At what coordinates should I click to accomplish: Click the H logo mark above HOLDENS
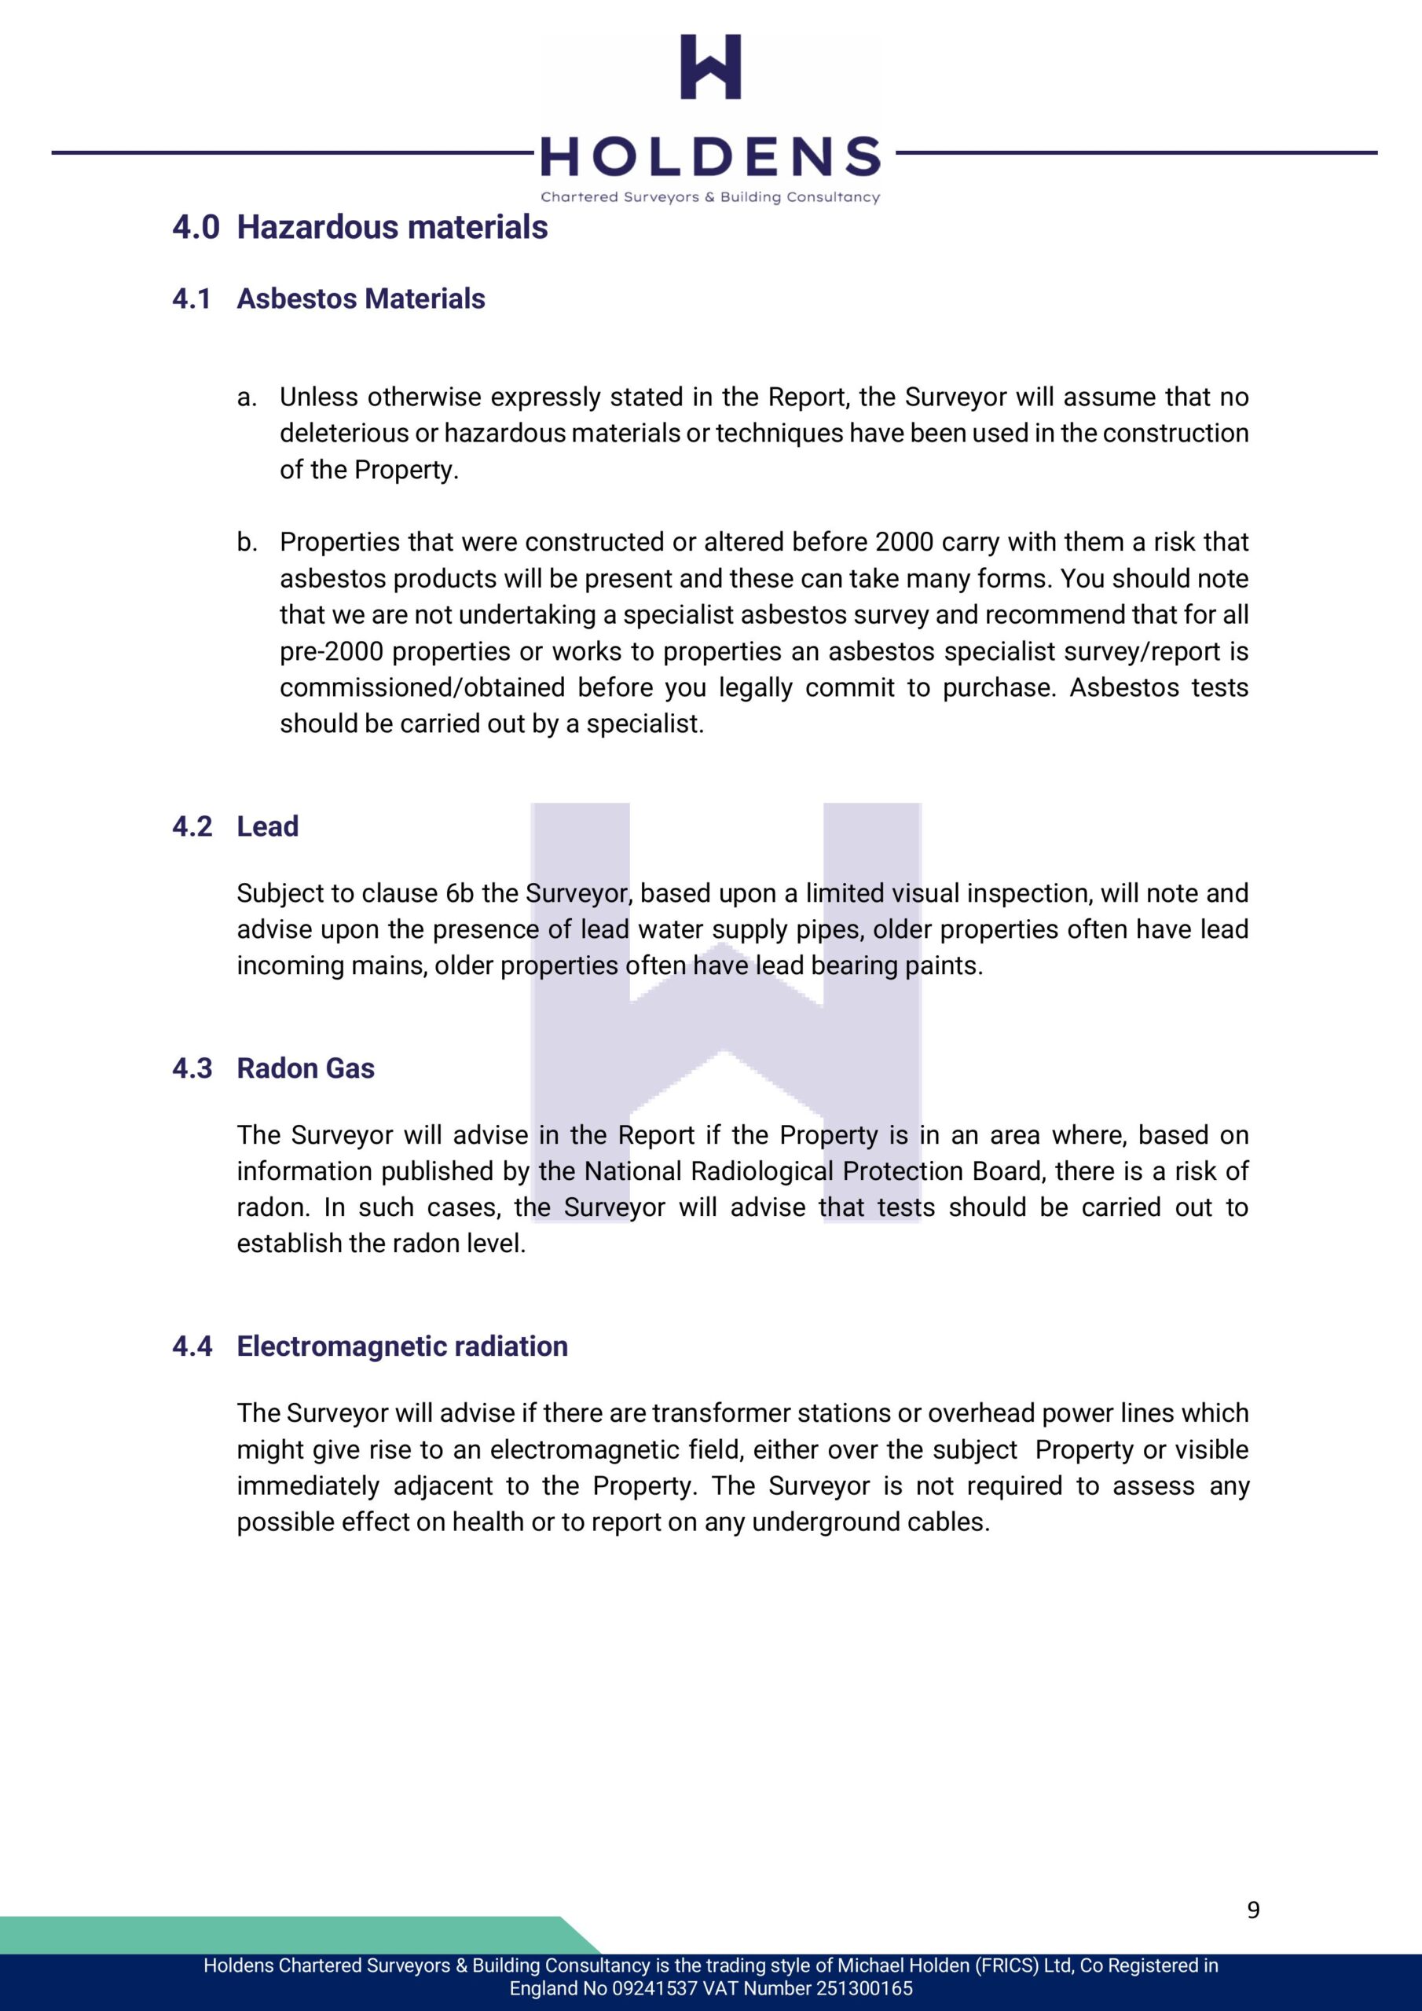click(x=710, y=67)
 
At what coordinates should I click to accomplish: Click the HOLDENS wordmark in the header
click(x=710, y=158)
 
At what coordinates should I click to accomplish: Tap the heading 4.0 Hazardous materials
click(x=360, y=227)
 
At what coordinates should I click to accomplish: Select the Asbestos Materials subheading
click(x=360, y=299)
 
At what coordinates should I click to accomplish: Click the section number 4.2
click(x=192, y=826)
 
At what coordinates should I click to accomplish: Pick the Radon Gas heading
click(x=305, y=1068)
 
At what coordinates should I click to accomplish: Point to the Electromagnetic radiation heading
click(x=402, y=1346)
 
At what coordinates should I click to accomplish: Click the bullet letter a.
click(x=246, y=397)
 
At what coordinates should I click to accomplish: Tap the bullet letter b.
click(x=246, y=542)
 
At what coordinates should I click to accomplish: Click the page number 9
click(x=1253, y=1910)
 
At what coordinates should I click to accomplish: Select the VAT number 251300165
click(x=864, y=1987)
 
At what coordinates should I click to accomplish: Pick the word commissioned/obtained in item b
click(x=423, y=687)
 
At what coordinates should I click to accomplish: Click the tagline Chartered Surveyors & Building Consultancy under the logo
click(x=710, y=197)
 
